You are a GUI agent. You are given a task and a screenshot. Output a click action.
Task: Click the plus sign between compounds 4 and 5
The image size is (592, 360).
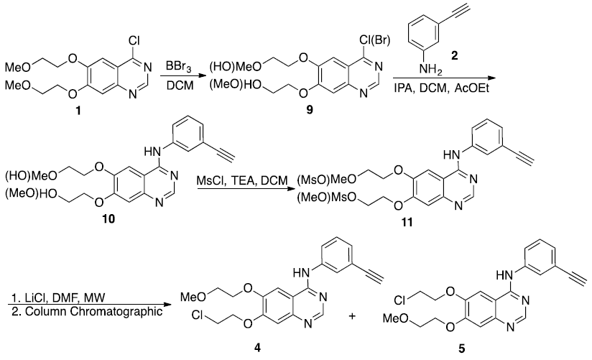[352, 315]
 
